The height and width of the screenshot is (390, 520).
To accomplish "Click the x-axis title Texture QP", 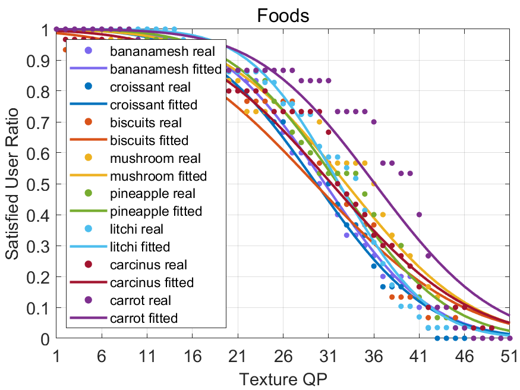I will point(282,378).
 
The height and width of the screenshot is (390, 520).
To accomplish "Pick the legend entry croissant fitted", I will point(153,105).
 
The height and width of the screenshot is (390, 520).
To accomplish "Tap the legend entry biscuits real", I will point(146,122).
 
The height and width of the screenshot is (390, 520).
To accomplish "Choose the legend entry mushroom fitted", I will point(158,176).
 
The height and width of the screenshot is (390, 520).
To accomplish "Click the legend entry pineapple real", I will point(152,194).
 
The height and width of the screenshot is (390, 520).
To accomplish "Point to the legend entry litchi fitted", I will point(140,247).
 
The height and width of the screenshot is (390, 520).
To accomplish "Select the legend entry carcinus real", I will point(148,265).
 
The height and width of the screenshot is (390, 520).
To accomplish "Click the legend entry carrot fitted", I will point(143,318).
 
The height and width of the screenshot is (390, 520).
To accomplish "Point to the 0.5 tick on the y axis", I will point(41,184).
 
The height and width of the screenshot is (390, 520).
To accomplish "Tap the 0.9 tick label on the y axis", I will point(41,61).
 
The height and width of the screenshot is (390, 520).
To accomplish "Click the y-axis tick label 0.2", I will point(41,277).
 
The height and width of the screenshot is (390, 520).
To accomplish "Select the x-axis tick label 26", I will point(283,355).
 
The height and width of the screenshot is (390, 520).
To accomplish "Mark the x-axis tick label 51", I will point(509,355).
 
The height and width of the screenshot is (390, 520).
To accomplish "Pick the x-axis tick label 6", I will point(102,355).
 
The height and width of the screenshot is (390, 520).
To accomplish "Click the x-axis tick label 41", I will point(419,355).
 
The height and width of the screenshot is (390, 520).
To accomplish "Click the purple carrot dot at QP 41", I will point(419,215).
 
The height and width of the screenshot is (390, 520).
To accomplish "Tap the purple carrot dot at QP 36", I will point(374,122).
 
